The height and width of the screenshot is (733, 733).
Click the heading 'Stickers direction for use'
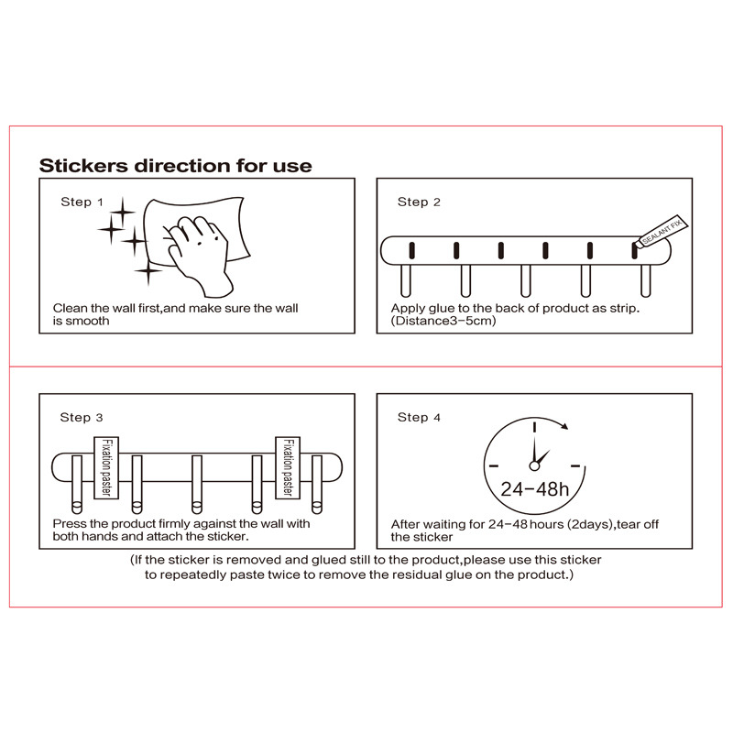click(x=175, y=166)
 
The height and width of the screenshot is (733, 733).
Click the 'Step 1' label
click(x=82, y=202)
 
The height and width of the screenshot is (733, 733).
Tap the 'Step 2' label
click(x=419, y=202)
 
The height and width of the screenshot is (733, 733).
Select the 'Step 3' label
click(x=82, y=417)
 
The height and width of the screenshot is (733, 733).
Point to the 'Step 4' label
click(x=419, y=417)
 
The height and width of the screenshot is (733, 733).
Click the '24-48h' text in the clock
click(x=534, y=487)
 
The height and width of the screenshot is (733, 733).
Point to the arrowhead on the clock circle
click(x=566, y=425)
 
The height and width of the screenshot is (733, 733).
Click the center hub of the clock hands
click(x=533, y=466)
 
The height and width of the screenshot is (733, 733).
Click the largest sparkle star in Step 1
click(x=134, y=242)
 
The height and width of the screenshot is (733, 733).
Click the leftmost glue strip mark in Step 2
click(x=412, y=249)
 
